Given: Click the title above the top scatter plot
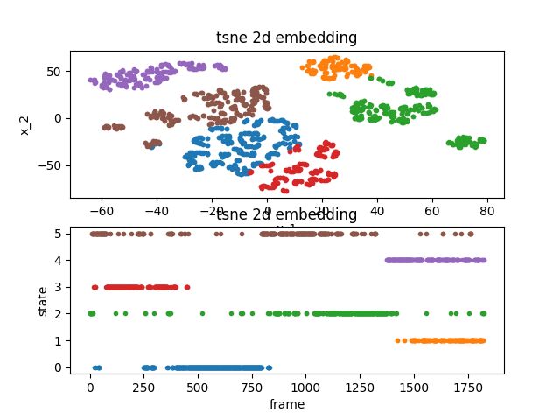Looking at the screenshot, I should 286,38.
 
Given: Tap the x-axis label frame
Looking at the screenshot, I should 286,404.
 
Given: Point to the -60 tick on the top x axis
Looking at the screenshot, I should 101,211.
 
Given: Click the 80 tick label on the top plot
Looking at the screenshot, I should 487,211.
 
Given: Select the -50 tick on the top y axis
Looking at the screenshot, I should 53,164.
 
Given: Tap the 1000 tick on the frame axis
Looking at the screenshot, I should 305,388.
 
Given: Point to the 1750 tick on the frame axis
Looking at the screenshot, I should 466,388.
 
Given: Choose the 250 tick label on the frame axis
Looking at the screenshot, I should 143,388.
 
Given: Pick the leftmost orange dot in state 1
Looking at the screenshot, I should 397,340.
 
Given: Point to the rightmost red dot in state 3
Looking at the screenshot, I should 186,287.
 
